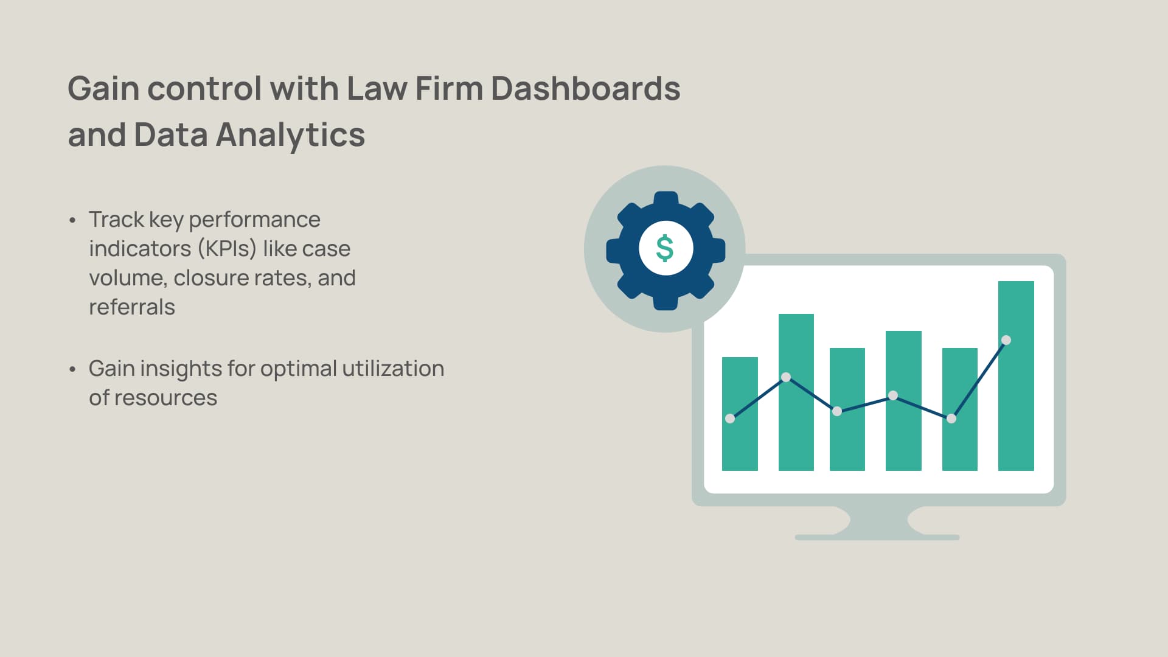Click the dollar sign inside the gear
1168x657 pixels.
click(665, 248)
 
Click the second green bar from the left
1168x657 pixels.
click(796, 426)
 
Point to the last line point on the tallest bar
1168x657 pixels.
click(1006, 340)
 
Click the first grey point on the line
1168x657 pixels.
click(730, 419)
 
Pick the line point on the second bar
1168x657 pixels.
click(786, 377)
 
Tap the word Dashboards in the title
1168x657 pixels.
click(585, 89)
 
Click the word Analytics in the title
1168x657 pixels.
click(290, 135)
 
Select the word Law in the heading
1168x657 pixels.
click(377, 89)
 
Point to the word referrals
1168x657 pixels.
click(132, 307)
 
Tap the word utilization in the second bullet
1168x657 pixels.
click(393, 369)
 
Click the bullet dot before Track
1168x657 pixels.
click(72, 220)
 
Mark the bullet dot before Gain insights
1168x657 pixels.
click(72, 369)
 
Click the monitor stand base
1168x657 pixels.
click(877, 537)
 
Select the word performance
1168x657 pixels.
click(254, 220)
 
